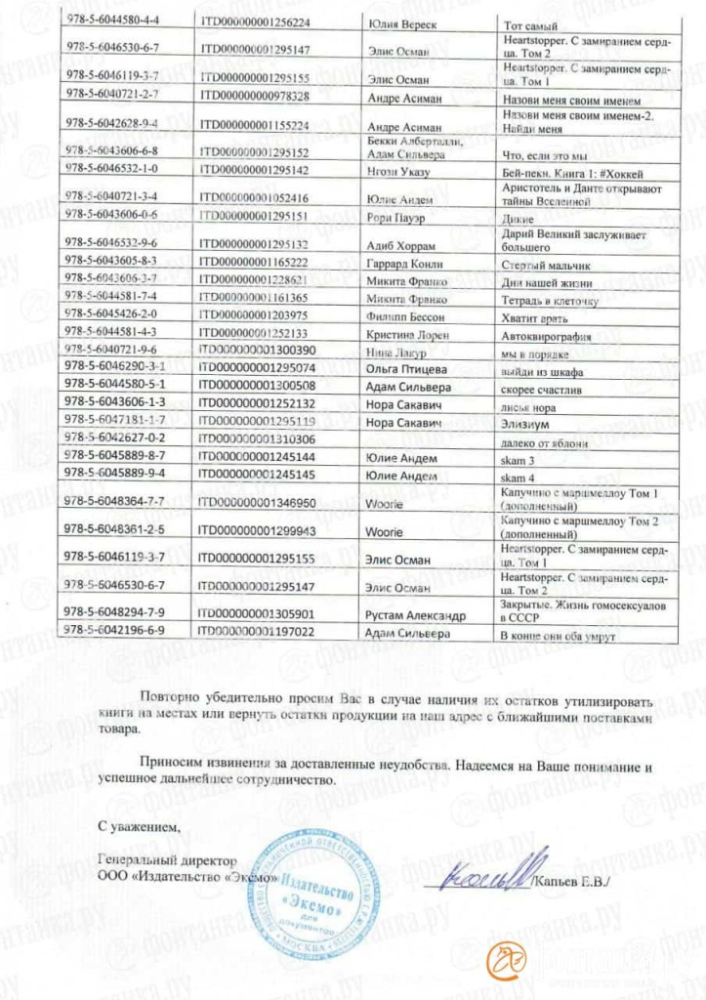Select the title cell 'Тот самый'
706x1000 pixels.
[528, 22]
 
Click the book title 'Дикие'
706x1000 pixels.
[517, 219]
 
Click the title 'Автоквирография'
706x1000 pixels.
[542, 334]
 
